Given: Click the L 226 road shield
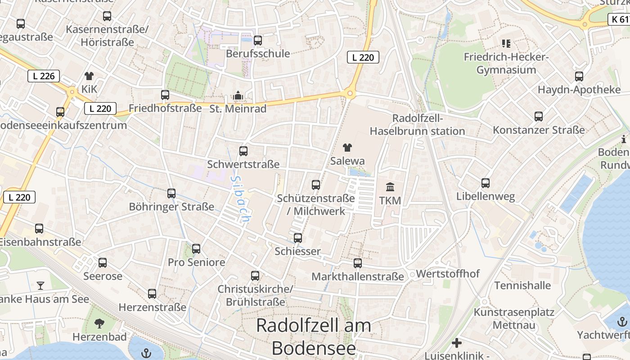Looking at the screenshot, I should [44, 76].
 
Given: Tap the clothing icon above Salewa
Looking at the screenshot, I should [347, 147].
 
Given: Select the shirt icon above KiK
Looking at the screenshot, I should [89, 76].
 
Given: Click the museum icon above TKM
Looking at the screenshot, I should [390, 186].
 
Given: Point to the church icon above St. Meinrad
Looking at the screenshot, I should [238, 95].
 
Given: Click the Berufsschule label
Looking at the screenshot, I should [258, 54].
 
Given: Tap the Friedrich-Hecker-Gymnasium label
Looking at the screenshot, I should [506, 63].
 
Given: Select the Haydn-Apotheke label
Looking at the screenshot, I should [579, 90].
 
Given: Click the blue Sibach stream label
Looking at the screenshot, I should [240, 198].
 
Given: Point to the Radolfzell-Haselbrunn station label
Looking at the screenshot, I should [417, 125].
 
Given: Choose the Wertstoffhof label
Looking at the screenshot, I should [448, 274].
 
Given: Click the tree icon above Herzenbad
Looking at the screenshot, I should [99, 323].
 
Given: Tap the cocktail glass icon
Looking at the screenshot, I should [40, 285].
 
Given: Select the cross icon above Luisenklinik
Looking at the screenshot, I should [457, 343].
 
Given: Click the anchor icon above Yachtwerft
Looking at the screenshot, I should [622, 322].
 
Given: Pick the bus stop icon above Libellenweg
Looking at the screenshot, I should [485, 183].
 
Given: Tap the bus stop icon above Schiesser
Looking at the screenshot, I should [297, 238].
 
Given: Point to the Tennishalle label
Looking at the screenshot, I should [522, 285].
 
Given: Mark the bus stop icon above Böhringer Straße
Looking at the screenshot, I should [171, 193].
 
